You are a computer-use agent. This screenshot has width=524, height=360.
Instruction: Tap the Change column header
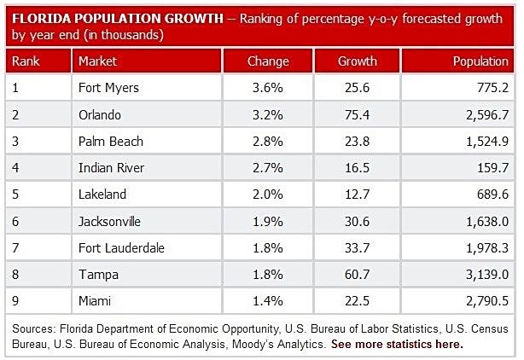(268, 61)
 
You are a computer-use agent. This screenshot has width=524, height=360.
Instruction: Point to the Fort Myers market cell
(109, 86)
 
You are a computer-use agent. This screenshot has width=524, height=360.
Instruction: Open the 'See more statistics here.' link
(397, 345)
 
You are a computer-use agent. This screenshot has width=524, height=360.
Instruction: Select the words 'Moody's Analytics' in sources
(287, 345)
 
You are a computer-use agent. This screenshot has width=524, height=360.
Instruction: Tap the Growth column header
(358, 61)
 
